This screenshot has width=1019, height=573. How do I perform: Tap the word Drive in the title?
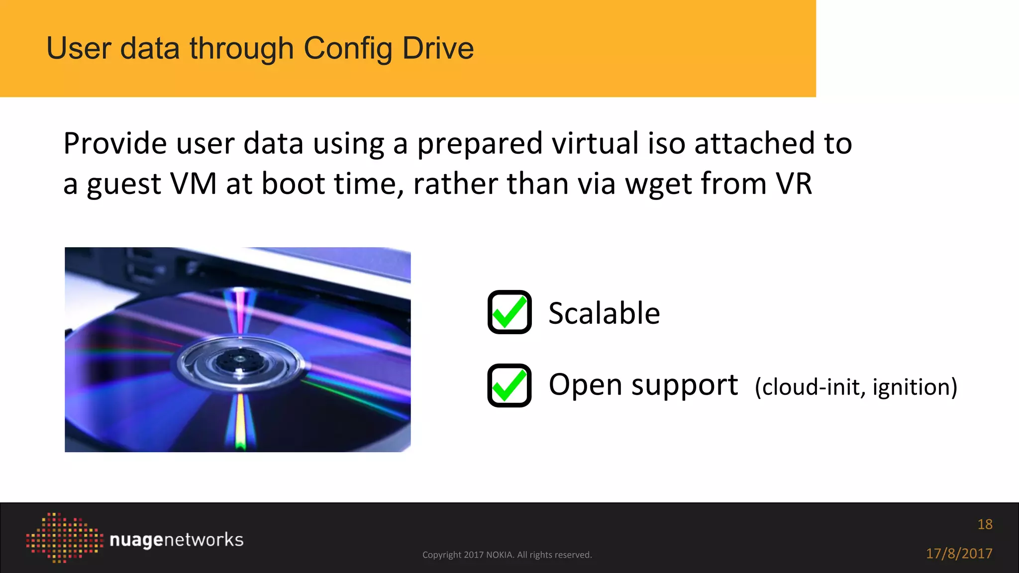[438, 48]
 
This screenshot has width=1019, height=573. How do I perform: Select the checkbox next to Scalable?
[509, 312]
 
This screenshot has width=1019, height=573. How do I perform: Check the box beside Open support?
[509, 385]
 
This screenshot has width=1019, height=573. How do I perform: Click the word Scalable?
[604, 313]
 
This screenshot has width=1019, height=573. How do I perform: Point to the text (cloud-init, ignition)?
[856, 387]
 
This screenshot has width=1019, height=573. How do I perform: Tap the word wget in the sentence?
[658, 184]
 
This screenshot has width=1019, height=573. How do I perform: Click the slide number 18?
[985, 524]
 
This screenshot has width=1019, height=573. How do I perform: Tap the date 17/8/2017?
[959, 553]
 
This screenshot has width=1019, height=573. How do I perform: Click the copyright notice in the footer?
[507, 555]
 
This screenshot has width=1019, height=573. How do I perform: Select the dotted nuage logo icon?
[64, 538]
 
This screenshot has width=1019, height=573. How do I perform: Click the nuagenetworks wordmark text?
[176, 540]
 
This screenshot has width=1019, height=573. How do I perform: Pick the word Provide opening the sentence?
[115, 144]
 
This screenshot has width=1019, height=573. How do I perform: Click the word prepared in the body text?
[479, 144]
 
